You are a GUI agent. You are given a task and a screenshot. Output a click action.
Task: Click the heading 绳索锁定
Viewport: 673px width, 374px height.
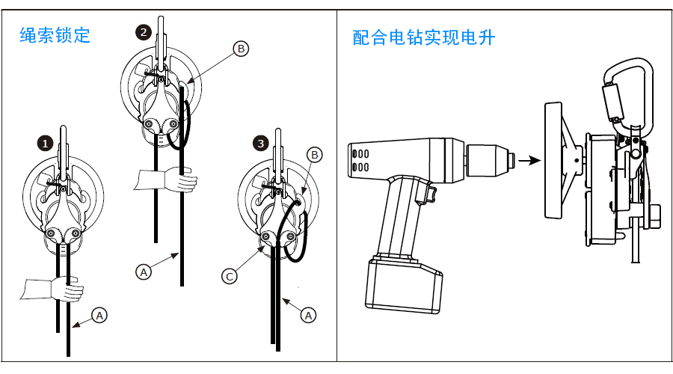point(55,35)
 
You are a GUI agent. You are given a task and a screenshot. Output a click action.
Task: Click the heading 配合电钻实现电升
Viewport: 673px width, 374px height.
point(424,37)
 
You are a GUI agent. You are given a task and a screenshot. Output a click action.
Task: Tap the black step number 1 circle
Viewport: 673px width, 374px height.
point(45,143)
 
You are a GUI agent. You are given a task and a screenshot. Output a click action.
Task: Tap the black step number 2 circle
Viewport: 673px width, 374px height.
point(144,32)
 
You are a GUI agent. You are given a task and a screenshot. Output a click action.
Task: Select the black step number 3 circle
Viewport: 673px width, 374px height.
point(260,143)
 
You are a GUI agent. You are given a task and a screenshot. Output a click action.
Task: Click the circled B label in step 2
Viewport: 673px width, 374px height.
point(241,49)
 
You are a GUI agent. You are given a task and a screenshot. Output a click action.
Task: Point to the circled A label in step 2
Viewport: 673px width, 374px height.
point(144,272)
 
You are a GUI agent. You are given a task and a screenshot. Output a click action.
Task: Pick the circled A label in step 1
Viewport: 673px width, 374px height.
point(99,316)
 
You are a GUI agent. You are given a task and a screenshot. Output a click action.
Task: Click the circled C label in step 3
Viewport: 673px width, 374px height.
point(230,276)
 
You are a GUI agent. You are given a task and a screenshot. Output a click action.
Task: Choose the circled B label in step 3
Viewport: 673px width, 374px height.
point(315,155)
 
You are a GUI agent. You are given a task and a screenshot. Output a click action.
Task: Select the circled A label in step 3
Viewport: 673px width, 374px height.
point(308,316)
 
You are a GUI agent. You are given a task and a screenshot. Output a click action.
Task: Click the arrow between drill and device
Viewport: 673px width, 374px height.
point(529,161)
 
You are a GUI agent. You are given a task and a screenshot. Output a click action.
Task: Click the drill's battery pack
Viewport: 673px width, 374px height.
point(404,283)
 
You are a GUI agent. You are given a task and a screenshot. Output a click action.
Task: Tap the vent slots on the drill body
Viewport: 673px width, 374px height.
point(360,160)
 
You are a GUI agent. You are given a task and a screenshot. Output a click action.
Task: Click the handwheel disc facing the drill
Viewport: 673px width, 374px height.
point(553,161)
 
